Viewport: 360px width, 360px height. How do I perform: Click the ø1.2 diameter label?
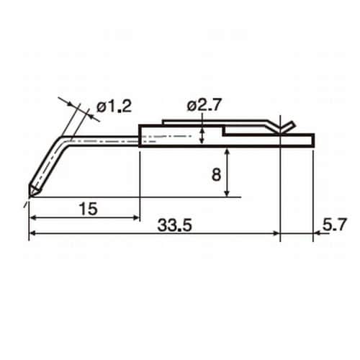[114, 107]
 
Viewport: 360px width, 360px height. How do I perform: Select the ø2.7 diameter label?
[204, 105]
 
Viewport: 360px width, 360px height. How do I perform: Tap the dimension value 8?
[216, 174]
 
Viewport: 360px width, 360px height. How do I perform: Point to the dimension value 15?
[89, 209]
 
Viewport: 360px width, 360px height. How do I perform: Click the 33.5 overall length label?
[175, 225]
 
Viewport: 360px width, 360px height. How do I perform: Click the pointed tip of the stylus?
[30, 197]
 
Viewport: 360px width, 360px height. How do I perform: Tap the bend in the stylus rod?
[63, 140]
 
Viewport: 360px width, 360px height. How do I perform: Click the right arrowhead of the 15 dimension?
[136, 217]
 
